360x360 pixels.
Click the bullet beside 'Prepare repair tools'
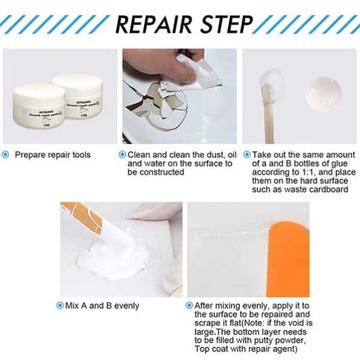coord(6,155)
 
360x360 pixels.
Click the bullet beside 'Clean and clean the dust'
coord(122,155)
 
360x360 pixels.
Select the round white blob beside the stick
coord(323,93)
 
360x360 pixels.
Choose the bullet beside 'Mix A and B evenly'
coord(60,305)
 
